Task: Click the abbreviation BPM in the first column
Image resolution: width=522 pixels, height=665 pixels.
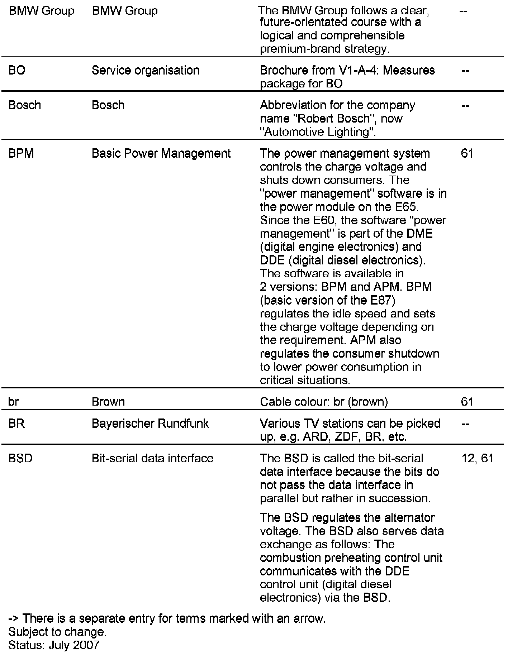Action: [21, 153]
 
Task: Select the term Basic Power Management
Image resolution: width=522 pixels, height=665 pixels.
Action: [161, 153]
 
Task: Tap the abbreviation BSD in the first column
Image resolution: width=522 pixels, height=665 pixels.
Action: [20, 458]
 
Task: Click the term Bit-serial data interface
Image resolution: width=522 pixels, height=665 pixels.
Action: [152, 458]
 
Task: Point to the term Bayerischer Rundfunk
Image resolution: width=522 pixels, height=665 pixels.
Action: [150, 424]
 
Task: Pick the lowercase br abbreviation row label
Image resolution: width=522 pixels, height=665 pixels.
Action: [13, 402]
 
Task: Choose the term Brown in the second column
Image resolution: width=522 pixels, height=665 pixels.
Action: [108, 402]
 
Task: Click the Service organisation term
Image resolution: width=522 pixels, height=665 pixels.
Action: [145, 70]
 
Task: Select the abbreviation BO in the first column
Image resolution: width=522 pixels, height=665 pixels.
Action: [16, 70]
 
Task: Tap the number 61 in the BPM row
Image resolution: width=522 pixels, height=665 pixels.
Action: [467, 153]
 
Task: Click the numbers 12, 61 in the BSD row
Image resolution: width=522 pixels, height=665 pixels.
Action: [477, 458]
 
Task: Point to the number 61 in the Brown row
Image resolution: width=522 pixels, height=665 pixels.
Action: [467, 402]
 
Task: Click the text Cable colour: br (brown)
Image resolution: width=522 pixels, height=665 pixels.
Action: [324, 402]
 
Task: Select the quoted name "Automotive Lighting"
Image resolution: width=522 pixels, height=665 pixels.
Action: [318, 132]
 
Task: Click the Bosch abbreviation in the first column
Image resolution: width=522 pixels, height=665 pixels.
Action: [24, 105]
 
